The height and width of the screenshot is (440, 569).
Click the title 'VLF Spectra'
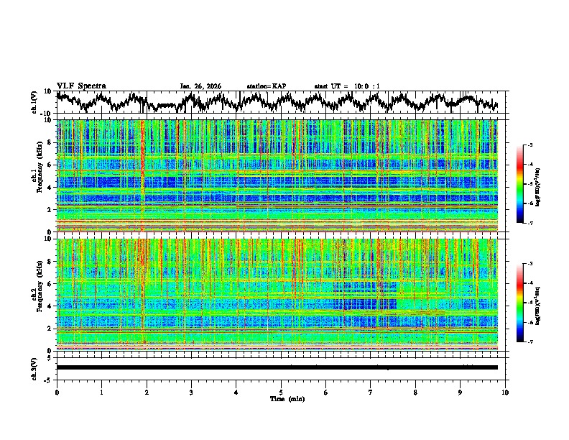point(81,86)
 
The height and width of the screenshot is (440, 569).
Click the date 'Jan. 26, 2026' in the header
point(200,86)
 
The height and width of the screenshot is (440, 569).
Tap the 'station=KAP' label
point(267,86)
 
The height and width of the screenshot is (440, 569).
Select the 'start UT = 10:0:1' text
point(347,86)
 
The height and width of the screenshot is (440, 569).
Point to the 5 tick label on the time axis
point(281,392)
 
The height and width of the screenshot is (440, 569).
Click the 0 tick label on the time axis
point(57,392)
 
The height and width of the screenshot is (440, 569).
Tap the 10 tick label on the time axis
point(505,392)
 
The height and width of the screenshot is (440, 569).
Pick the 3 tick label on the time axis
point(191,392)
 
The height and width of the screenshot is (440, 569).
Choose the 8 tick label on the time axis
point(415,392)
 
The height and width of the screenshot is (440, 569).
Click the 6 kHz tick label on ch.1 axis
point(50,165)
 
